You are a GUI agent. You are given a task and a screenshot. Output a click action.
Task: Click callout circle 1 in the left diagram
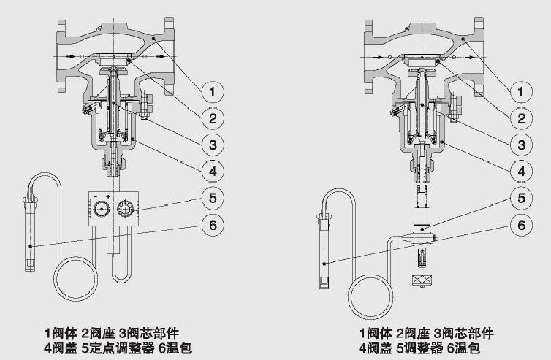coord(212,92)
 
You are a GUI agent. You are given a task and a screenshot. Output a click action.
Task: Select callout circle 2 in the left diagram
coord(212,118)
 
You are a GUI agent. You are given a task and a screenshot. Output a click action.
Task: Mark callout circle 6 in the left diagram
coord(212,226)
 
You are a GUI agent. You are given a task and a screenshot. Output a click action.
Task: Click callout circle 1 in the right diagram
coord(521,92)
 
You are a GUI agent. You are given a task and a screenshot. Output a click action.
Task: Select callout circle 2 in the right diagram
coord(521,118)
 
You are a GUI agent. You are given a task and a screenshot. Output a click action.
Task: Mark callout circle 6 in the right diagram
coord(521,226)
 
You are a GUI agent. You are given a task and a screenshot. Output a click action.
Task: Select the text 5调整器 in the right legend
coord(417,348)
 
